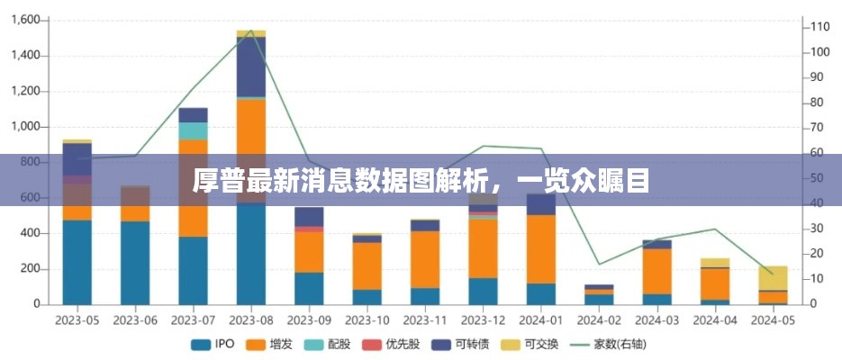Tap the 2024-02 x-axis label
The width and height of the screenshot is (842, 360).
[599, 319]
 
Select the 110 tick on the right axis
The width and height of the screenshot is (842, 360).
[819, 27]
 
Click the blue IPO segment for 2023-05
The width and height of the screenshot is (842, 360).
[77, 262]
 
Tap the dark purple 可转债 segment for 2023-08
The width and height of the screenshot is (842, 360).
[251, 67]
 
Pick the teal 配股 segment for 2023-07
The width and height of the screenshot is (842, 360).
[194, 130]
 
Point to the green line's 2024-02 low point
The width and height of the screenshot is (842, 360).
[599, 264]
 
